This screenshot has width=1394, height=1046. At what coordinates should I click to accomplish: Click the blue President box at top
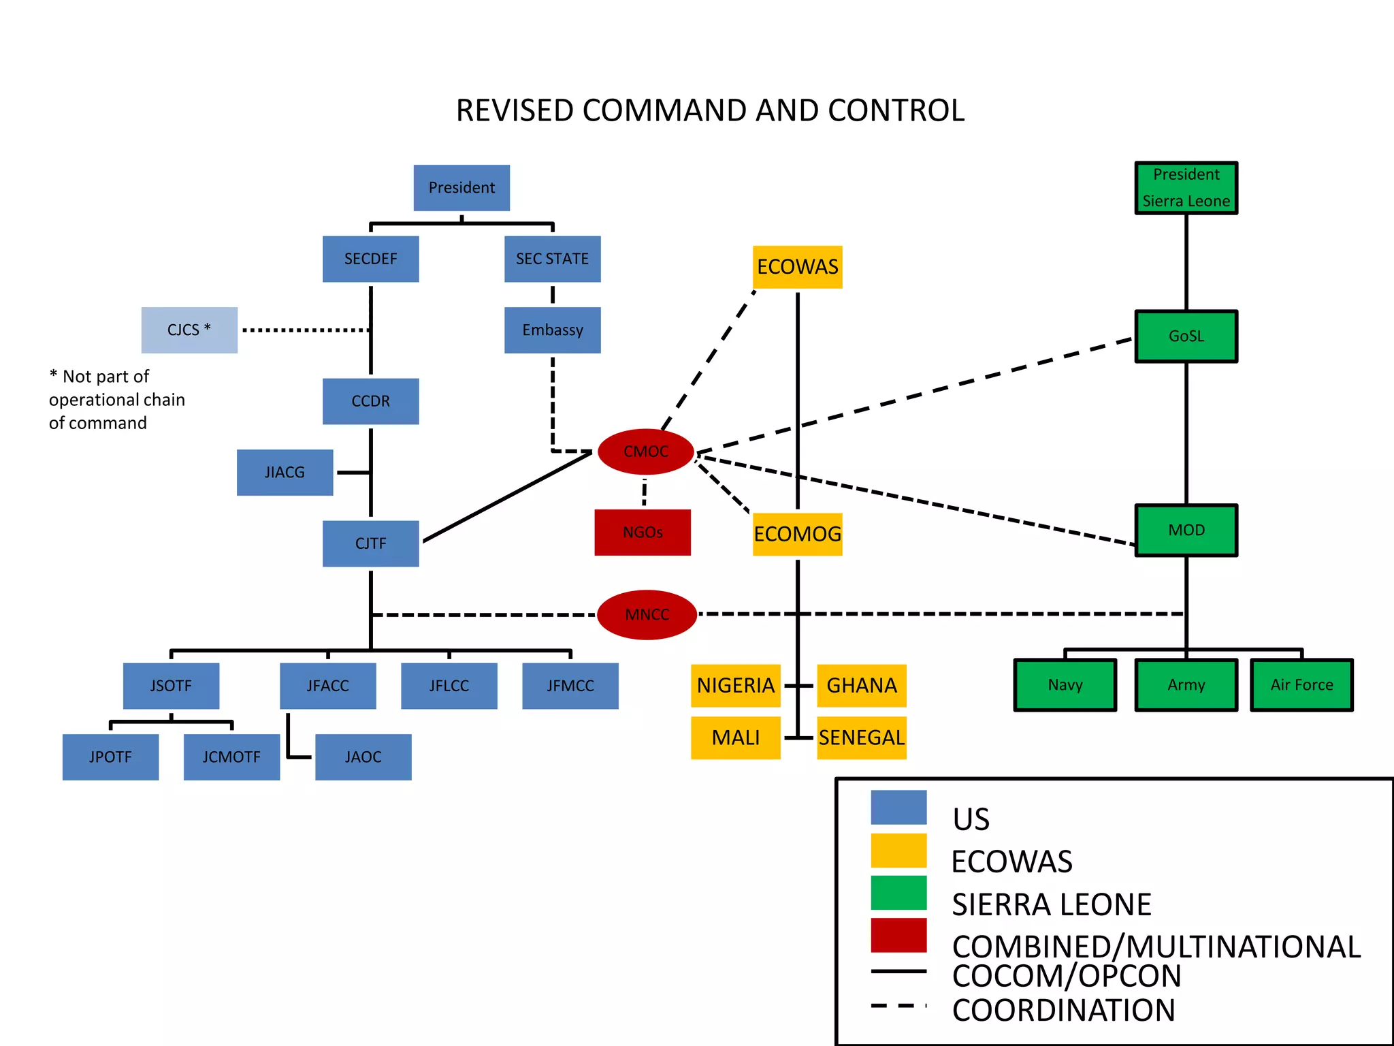tap(461, 188)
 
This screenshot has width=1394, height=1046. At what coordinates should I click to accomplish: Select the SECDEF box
tap(370, 259)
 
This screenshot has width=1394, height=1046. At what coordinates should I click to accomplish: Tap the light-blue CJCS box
tap(189, 330)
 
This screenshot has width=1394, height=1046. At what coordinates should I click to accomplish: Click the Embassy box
tap(552, 330)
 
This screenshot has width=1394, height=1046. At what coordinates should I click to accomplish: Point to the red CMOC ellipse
tap(646, 451)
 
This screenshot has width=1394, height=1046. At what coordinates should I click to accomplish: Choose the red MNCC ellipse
tap(647, 614)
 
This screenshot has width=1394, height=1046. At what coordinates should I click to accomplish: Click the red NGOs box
tap(643, 533)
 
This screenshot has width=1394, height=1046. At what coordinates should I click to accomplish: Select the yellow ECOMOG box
tap(797, 534)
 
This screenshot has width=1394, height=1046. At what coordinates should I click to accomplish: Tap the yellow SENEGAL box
tap(861, 738)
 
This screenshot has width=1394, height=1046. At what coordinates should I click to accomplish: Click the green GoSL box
tap(1186, 336)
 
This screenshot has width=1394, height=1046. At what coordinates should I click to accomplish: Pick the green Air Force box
tap(1301, 685)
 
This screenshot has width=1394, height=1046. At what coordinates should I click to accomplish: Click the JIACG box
tap(285, 473)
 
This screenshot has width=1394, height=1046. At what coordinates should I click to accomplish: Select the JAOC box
tap(363, 757)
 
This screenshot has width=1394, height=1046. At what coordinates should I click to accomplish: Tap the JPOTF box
tap(110, 757)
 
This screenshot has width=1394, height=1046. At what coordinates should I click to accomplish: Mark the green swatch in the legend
tap(898, 893)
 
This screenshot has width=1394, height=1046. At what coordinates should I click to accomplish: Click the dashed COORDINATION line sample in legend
tap(898, 1005)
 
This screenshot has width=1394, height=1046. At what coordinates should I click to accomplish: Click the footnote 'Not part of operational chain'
tap(116, 400)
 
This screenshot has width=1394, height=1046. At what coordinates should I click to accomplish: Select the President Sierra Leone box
tap(1186, 188)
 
